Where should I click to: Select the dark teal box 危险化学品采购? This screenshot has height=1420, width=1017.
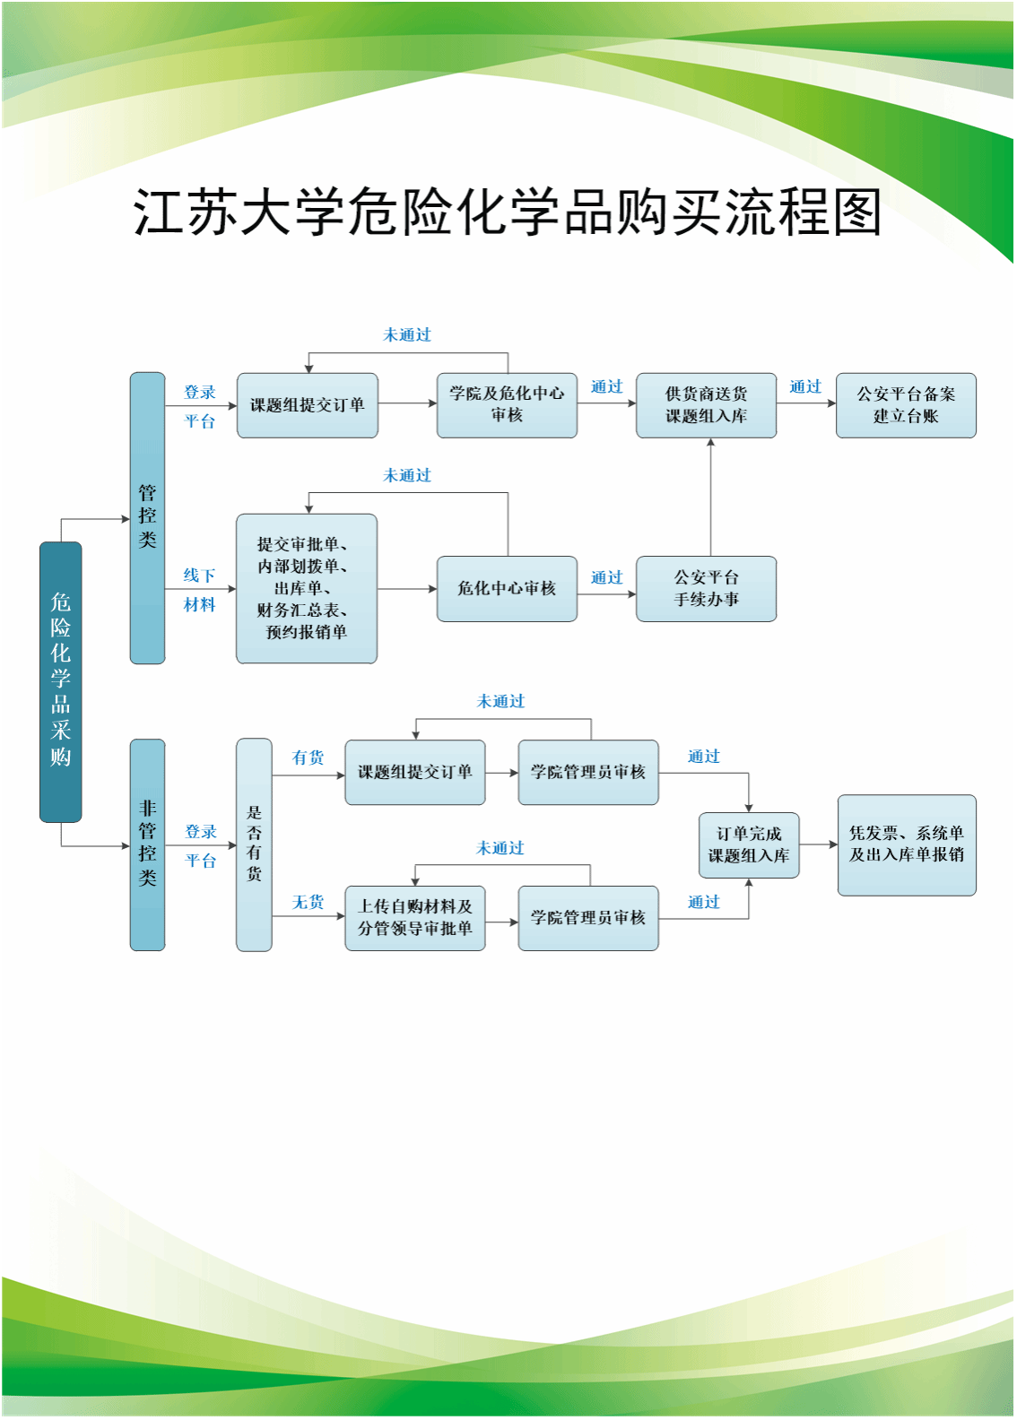(x=61, y=682)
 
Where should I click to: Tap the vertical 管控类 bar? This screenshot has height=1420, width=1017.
(x=148, y=518)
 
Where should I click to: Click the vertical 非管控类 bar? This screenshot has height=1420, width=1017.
(x=148, y=845)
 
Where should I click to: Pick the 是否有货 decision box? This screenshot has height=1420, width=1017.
(x=255, y=845)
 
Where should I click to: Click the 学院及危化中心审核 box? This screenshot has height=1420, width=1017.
(x=508, y=406)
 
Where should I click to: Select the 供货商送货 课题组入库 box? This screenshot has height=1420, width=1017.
(x=707, y=406)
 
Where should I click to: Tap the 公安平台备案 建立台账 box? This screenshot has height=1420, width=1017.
(x=906, y=406)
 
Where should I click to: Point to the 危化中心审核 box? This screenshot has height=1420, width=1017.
(x=508, y=589)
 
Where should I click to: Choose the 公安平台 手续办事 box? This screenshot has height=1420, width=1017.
(x=707, y=589)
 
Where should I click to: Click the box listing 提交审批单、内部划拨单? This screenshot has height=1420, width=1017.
(x=307, y=589)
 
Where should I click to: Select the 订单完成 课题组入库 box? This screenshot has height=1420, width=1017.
(x=749, y=845)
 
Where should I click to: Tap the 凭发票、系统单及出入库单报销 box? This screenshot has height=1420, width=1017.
(x=907, y=845)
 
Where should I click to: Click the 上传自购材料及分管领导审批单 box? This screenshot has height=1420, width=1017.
(x=415, y=918)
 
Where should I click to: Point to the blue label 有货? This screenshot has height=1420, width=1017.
(x=309, y=758)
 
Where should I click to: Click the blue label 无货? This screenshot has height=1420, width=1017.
(x=309, y=902)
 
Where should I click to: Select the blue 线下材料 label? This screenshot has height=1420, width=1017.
(x=200, y=590)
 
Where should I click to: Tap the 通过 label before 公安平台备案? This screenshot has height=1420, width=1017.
(x=805, y=386)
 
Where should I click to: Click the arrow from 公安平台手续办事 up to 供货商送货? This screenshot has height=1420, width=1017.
(x=711, y=498)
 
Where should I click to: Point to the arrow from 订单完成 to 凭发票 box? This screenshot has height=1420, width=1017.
(x=819, y=845)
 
